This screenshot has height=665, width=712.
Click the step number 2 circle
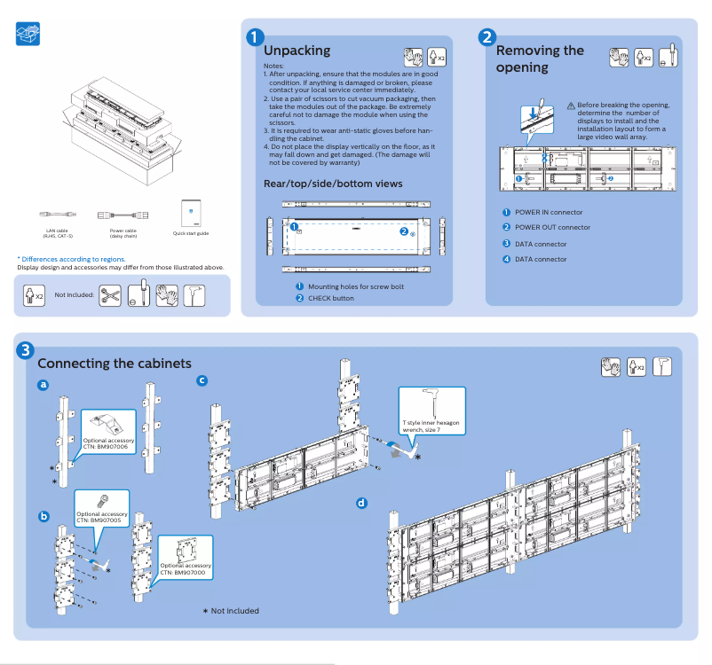[x=487, y=37]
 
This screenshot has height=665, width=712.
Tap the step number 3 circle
[x=27, y=350]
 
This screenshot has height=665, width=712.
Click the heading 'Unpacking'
[x=297, y=51]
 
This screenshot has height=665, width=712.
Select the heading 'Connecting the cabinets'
[x=115, y=364]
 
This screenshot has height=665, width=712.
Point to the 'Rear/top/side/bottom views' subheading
[x=333, y=184]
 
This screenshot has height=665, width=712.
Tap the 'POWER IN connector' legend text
[x=549, y=212]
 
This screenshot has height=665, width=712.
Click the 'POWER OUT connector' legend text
[x=552, y=227]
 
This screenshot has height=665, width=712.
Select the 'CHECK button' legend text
[x=330, y=298]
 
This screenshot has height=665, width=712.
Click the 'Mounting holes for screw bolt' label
[x=355, y=286]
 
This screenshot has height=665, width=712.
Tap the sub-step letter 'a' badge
[x=44, y=386]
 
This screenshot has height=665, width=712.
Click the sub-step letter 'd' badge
[x=361, y=503]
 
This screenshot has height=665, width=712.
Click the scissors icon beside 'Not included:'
[x=110, y=294]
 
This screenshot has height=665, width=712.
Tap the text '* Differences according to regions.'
[x=71, y=259]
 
